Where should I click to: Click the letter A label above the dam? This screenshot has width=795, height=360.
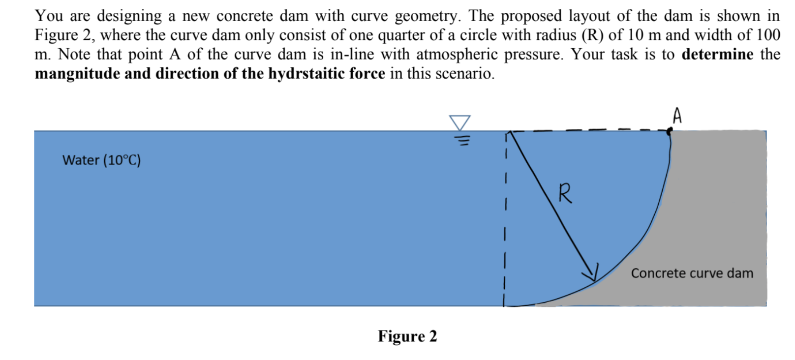[677, 116]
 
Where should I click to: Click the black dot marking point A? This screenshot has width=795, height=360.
[669, 131]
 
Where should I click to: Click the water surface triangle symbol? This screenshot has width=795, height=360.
[460, 122]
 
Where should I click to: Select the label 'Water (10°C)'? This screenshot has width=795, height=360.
[101, 160]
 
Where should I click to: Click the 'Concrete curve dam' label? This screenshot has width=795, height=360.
[692, 273]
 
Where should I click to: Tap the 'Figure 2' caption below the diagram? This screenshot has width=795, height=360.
[407, 336]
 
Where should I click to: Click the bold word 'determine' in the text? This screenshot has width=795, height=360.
[717, 54]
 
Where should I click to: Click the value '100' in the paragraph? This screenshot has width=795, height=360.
[768, 35]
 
